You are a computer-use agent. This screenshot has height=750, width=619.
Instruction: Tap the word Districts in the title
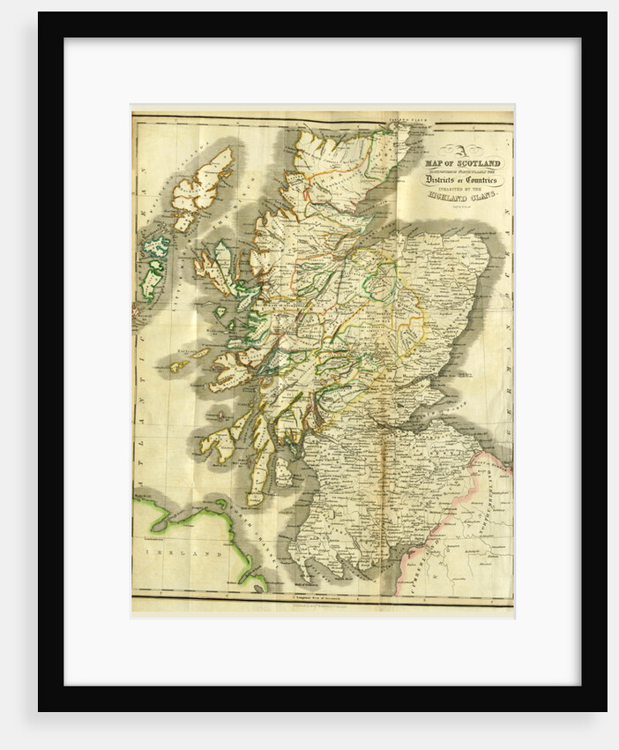449,180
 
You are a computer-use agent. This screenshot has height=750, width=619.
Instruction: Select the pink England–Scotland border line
441,521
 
